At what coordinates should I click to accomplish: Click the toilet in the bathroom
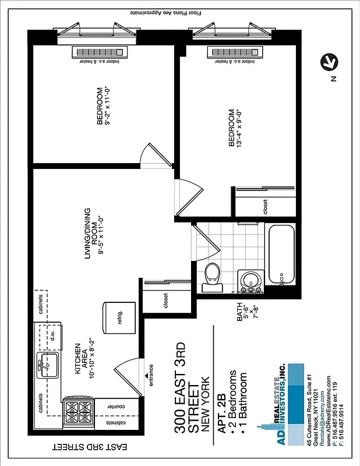pos(211,278)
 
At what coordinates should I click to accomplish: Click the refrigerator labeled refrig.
pos(119,317)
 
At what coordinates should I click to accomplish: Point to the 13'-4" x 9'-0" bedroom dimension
pos(239,128)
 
